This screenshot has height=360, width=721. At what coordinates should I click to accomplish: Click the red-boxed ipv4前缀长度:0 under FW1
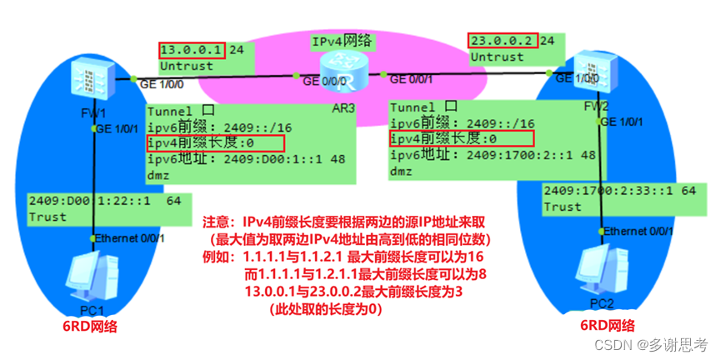(x=216, y=143)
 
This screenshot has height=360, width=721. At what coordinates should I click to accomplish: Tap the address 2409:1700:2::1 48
(x=493, y=154)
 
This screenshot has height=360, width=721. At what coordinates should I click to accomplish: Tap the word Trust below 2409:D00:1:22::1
(x=48, y=216)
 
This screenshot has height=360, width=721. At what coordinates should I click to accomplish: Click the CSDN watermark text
(x=658, y=344)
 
